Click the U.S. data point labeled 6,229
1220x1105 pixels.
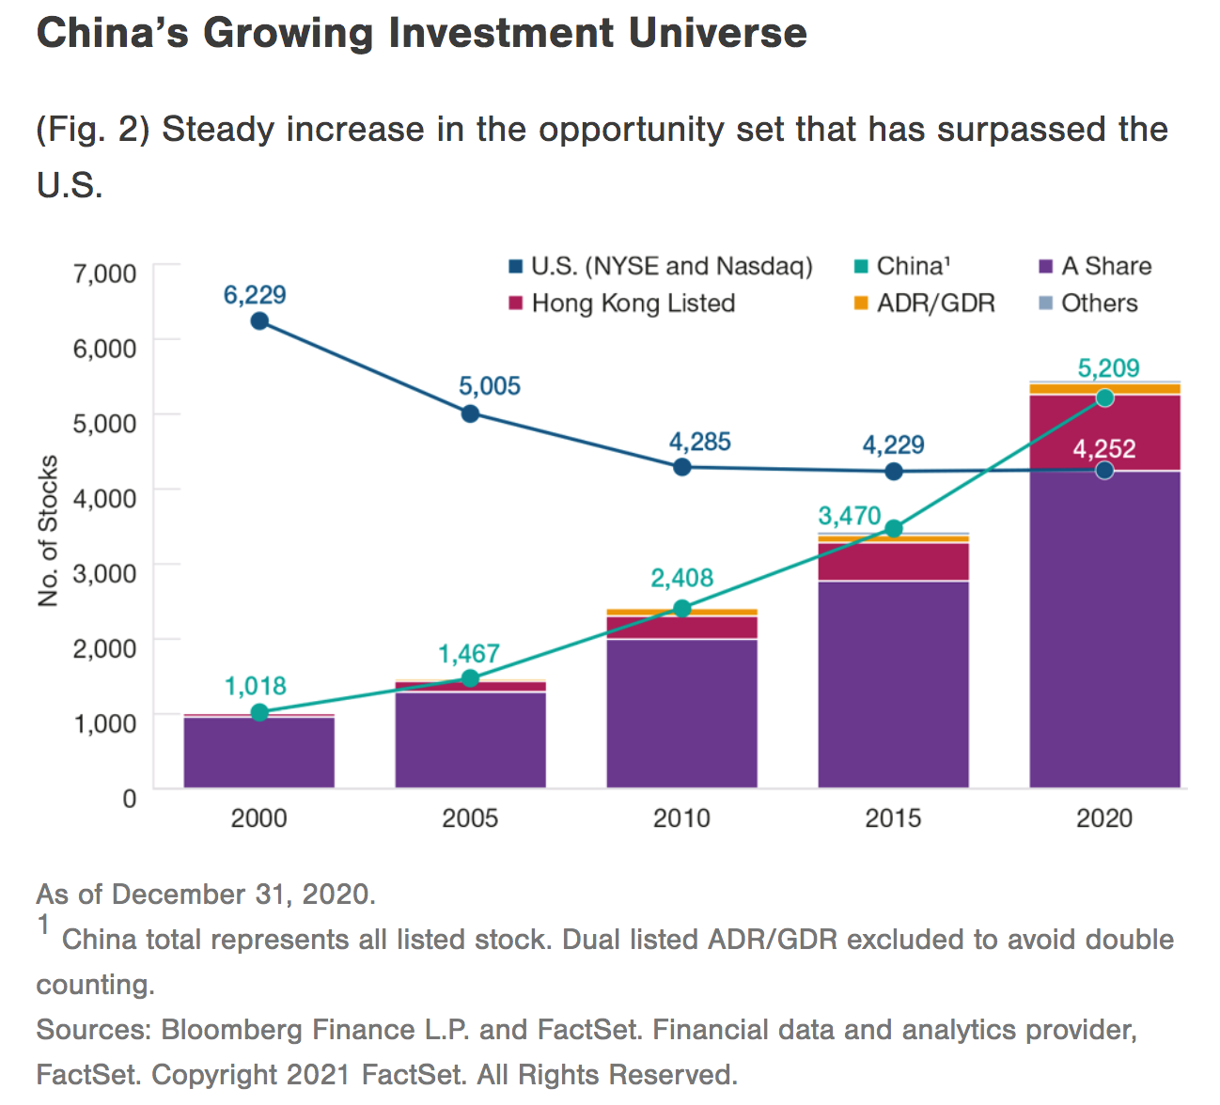[259, 321]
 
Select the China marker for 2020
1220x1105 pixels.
[1104, 397]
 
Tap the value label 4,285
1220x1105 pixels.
[699, 442]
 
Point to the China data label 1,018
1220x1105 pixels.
[255, 686]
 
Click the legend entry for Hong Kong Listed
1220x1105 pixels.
[633, 303]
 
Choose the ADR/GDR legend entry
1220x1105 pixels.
[935, 303]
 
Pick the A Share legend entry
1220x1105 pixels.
[1105, 266]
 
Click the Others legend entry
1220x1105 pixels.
[1099, 303]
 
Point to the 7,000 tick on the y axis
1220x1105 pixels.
[104, 273]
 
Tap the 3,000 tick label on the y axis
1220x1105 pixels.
[104, 572]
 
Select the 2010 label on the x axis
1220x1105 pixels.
[681, 817]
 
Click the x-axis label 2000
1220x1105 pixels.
[258, 817]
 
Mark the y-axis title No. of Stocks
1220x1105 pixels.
[48, 531]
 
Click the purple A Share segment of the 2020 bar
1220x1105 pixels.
[1104, 630]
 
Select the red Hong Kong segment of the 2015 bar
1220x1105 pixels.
[893, 562]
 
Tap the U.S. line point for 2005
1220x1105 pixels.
[470, 413]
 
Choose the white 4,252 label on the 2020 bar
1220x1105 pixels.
[1104, 449]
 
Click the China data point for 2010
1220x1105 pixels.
[681, 609]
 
